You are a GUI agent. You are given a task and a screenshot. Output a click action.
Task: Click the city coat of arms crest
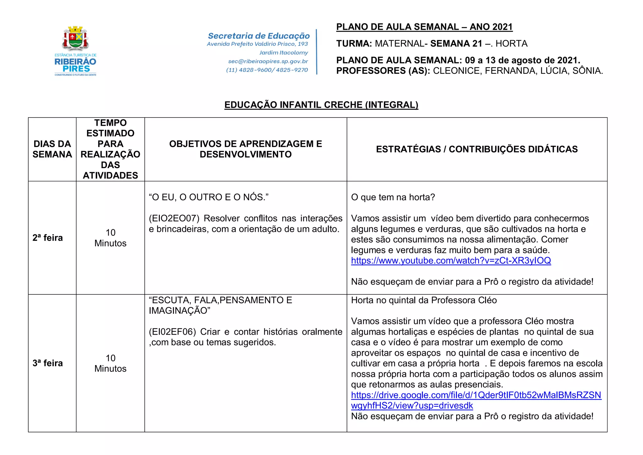[x=76, y=38]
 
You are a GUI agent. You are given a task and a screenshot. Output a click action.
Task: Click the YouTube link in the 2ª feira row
[x=451, y=260]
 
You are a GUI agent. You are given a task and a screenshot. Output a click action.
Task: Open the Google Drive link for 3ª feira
[x=476, y=395]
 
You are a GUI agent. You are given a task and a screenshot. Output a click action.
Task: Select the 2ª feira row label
[x=48, y=238]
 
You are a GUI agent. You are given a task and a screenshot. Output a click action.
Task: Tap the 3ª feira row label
[x=48, y=363]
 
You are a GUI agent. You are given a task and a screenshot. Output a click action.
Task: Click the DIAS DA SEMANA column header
[x=52, y=149]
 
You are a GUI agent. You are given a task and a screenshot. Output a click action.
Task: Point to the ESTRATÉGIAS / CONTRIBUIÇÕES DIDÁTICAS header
[x=477, y=149]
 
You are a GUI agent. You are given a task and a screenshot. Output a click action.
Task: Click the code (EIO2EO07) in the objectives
[x=174, y=218]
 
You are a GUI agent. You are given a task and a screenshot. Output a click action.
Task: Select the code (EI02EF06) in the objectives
[x=172, y=332]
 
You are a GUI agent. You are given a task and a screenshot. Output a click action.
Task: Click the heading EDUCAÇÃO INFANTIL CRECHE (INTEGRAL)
[x=321, y=105]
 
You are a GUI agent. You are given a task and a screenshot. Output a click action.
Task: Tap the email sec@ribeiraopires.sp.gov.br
[x=268, y=62]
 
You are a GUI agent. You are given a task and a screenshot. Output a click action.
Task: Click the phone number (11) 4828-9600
[x=250, y=70]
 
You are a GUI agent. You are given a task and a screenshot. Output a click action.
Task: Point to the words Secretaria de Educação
[x=259, y=36]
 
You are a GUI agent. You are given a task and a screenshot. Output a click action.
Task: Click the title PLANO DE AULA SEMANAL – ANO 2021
[x=424, y=27]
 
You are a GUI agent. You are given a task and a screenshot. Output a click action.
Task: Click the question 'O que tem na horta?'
[x=393, y=197]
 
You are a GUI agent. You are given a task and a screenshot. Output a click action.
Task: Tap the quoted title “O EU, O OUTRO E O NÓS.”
[x=208, y=197]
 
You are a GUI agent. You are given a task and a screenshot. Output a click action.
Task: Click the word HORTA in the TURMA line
[x=511, y=44]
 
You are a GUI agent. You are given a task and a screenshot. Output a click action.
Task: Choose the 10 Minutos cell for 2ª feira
[x=111, y=238]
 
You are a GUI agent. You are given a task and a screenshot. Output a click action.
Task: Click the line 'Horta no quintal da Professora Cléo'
[x=424, y=300]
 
